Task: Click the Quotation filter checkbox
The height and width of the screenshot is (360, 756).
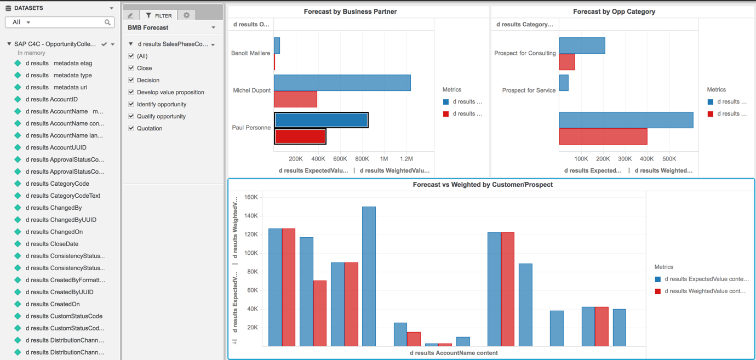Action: (131, 128)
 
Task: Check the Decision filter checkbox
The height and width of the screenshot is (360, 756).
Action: (131, 80)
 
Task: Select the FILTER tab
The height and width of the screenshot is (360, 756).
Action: (159, 16)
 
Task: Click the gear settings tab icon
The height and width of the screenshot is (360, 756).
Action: (186, 15)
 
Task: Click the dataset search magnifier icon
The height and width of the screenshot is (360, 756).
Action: (108, 22)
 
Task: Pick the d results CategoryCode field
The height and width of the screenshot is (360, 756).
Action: (58, 184)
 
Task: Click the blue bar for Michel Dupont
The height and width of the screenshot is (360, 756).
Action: (342, 83)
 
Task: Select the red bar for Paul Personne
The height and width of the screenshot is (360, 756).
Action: (300, 136)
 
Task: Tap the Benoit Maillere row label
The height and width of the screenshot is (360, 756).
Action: (250, 53)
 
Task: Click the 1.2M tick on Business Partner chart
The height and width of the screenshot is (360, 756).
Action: (406, 159)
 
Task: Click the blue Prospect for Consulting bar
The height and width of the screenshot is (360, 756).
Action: (582, 45)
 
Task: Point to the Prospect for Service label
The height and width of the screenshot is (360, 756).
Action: (529, 90)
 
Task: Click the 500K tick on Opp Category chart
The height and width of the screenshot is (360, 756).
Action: (669, 159)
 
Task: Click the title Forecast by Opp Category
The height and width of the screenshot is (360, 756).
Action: (614, 12)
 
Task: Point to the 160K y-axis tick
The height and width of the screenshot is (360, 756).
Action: (251, 197)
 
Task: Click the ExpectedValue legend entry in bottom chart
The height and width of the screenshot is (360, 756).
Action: (706, 279)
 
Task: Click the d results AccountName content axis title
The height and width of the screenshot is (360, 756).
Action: (454, 353)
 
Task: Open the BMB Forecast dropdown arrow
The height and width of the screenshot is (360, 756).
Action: (214, 27)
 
